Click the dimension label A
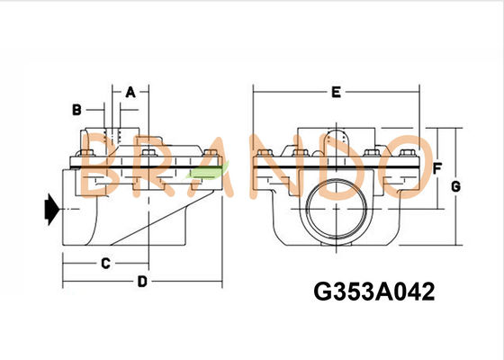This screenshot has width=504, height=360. click(x=130, y=92)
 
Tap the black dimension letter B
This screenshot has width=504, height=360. click(x=77, y=109)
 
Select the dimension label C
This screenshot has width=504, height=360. click(x=104, y=263)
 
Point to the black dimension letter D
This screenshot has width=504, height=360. click(x=141, y=282)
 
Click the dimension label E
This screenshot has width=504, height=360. click(x=335, y=92)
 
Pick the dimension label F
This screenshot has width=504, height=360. click(x=436, y=168)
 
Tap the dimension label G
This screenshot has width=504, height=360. click(x=455, y=185)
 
